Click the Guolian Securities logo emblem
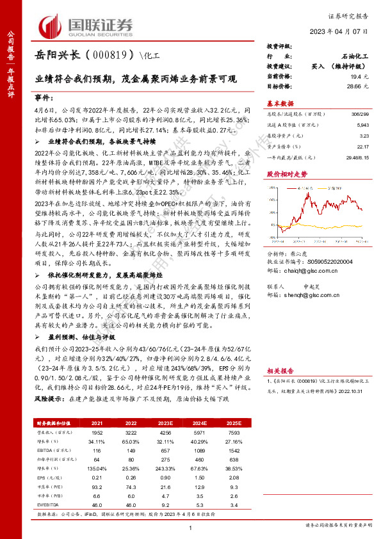[x=48, y=26]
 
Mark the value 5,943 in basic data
[x=363, y=125]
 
